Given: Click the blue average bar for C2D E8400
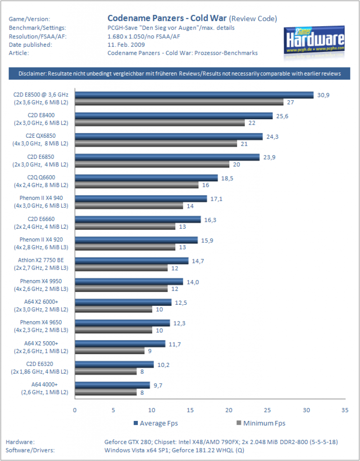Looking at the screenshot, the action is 173,116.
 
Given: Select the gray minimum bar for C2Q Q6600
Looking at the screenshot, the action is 137,185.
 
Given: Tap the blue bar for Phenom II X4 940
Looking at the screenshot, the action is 141,199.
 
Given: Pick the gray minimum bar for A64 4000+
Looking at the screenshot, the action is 106,392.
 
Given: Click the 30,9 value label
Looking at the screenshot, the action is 323,95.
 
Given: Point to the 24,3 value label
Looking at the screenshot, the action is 272,137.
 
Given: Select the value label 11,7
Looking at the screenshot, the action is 174,344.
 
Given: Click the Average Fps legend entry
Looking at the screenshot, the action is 156,423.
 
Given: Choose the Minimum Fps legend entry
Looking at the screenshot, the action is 261,423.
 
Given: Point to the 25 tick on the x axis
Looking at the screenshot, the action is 268,410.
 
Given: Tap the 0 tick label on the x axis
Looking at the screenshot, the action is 75,410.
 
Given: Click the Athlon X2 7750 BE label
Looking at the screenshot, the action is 41,260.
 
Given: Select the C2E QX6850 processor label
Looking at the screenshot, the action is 41,136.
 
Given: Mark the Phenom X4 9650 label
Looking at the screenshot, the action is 41,322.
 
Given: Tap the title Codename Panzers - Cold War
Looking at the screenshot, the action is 167,18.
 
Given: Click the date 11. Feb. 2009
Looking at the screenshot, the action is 126,45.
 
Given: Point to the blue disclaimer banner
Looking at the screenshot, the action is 179,73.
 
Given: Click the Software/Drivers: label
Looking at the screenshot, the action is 30,450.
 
